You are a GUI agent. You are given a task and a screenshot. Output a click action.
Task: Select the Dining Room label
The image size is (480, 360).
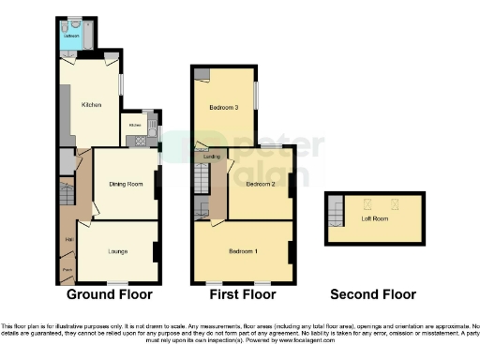coord(125,184)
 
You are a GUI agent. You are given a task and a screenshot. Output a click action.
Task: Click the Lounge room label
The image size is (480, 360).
coord(117,250)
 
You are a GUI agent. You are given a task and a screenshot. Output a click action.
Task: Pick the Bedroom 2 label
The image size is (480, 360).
coord(260,185)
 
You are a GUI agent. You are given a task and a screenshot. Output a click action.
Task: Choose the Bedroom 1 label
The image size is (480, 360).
coord(244,250)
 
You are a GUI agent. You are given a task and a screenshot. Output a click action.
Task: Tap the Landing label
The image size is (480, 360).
coord(199,157)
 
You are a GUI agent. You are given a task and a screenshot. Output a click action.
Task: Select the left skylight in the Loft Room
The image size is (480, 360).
coord(367,203)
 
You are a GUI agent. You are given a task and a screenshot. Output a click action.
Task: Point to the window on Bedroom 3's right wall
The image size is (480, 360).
coord(259,97)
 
